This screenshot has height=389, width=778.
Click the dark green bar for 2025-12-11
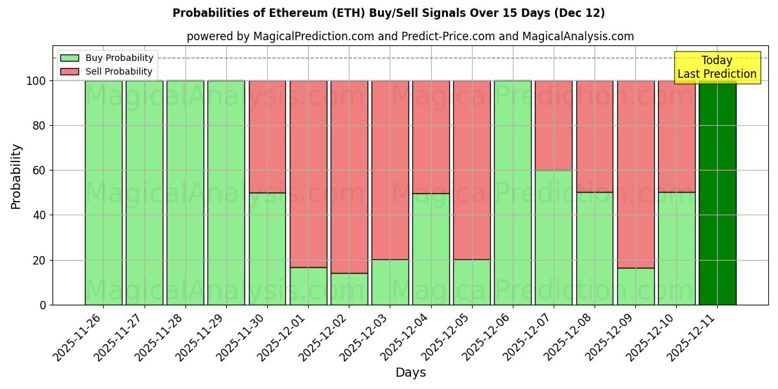click(717, 193)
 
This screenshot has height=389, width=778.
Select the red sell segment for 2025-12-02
click(349, 176)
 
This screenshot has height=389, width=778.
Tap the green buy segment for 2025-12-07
click(553, 237)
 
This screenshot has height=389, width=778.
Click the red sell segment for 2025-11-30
click(267, 136)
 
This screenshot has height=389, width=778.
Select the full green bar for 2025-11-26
click(103, 193)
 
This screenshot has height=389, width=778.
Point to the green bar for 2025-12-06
click(512, 193)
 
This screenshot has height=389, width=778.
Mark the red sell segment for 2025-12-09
click(635, 174)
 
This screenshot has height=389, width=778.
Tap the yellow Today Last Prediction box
click(716, 67)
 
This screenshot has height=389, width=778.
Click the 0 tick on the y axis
click(43, 305)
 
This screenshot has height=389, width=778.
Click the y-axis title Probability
click(16, 176)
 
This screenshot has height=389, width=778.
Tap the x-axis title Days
click(410, 373)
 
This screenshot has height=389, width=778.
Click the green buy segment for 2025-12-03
click(390, 282)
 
